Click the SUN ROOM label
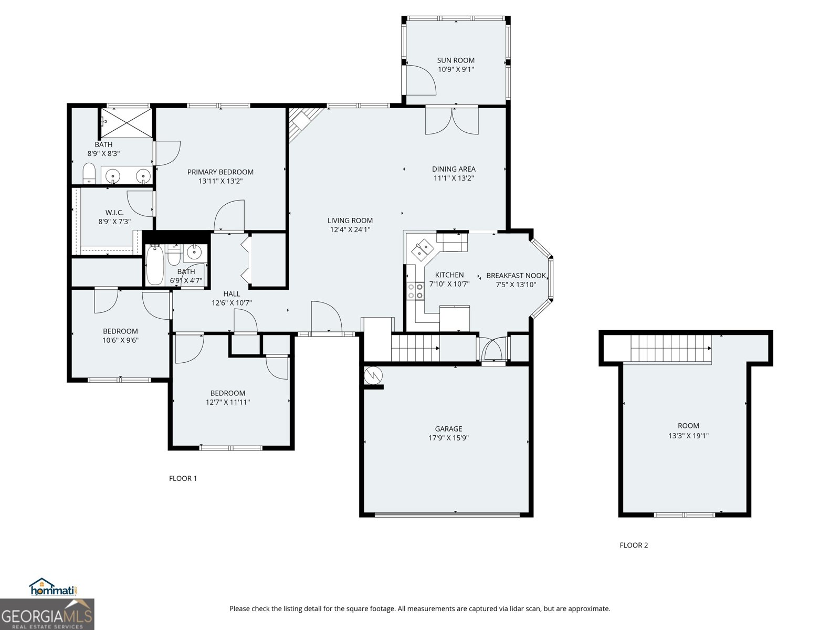click(x=456, y=60)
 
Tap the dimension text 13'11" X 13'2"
click(x=220, y=181)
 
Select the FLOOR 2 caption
click(x=634, y=545)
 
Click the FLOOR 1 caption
click(x=183, y=478)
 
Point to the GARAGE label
click(x=448, y=428)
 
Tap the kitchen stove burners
click(x=415, y=291)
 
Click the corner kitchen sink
click(x=423, y=249)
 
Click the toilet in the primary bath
click(x=89, y=174)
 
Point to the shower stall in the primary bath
click(x=126, y=123)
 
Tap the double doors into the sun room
click(x=451, y=120)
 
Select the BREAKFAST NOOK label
click(x=516, y=276)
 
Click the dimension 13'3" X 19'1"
click(x=688, y=435)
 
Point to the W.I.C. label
click(x=114, y=213)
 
